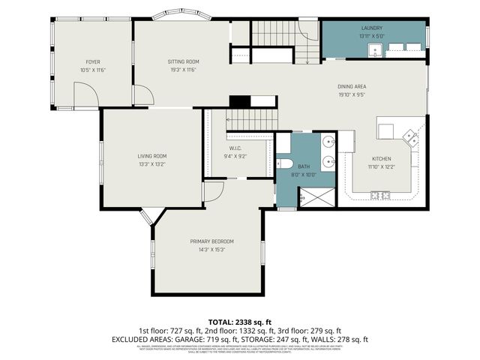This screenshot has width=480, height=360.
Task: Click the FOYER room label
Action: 93,61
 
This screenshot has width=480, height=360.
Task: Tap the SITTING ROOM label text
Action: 182,61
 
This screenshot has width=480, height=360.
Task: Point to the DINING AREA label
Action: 351,87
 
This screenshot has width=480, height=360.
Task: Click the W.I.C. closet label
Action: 235,148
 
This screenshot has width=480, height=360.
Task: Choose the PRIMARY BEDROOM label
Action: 211,241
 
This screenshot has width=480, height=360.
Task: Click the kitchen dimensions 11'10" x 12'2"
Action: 382,166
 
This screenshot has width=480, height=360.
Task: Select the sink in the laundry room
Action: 375,49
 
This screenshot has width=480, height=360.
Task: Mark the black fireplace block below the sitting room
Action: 238,102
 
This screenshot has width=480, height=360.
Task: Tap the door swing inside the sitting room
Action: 144,95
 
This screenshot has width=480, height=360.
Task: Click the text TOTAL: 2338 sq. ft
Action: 240,322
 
